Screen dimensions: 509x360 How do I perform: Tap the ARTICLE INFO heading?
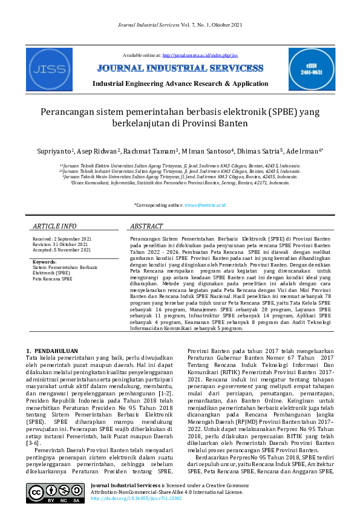point(54,226)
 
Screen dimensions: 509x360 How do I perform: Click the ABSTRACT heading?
point(147,226)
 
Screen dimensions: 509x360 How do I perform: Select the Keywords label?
point(44,262)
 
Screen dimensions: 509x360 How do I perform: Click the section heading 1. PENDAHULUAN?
point(52,351)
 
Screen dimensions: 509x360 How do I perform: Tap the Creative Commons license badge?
point(55,494)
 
